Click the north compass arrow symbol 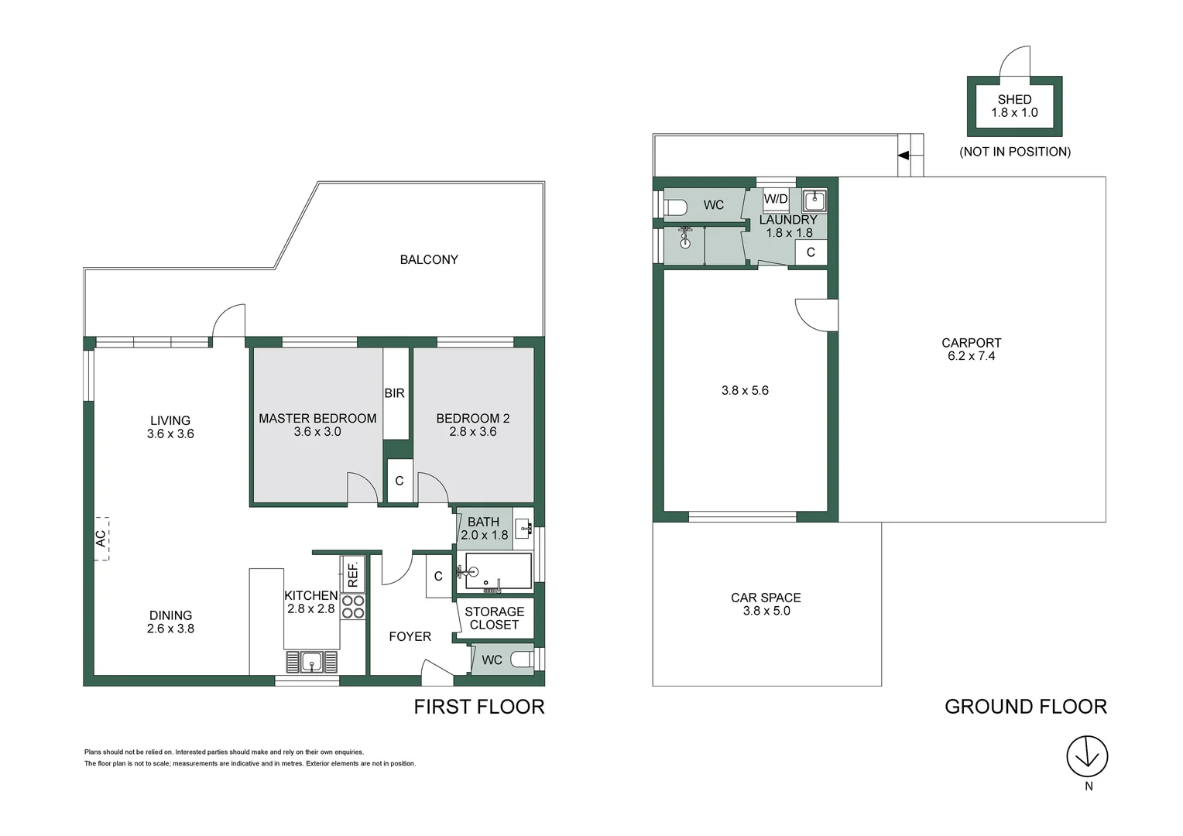click(x=1087, y=756)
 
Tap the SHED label click(x=1014, y=100)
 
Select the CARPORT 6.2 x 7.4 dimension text click(x=971, y=356)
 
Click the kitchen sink click(x=312, y=662)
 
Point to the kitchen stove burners click(x=353, y=606)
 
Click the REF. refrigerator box click(x=352, y=574)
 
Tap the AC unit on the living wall click(x=101, y=538)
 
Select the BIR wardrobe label click(x=395, y=393)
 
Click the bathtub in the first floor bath click(x=498, y=571)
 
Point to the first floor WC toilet click(x=523, y=660)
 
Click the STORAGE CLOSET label click(x=494, y=618)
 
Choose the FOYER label click(x=410, y=636)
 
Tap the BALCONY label click(x=429, y=260)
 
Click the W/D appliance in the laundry click(x=776, y=199)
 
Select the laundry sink click(x=814, y=201)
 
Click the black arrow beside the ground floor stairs click(x=903, y=155)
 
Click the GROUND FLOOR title click(x=1025, y=707)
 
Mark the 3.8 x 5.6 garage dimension click(x=745, y=391)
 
